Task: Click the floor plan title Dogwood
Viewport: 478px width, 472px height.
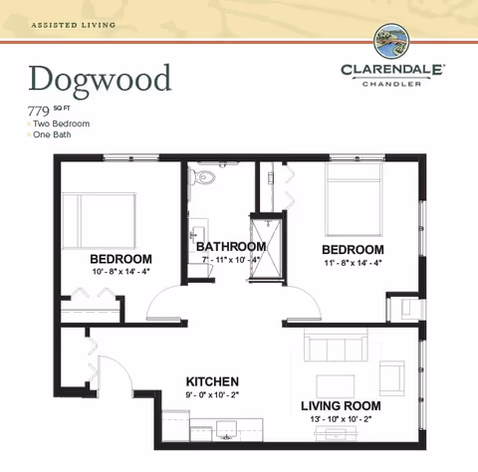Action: pos(100,78)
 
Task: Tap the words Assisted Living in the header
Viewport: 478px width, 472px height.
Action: pos(72,23)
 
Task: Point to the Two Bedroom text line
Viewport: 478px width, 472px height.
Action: pos(62,123)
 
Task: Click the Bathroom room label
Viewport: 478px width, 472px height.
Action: pos(230,247)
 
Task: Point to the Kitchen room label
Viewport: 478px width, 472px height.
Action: pos(212,381)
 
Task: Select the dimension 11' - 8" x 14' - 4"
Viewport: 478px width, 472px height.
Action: pos(351,262)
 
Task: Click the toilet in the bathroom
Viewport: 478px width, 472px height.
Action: pos(206,177)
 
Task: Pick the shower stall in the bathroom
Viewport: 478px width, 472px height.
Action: pos(264,250)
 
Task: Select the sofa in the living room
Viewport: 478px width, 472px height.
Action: pos(336,350)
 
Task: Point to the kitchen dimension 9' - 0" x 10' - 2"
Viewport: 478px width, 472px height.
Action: pos(212,394)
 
